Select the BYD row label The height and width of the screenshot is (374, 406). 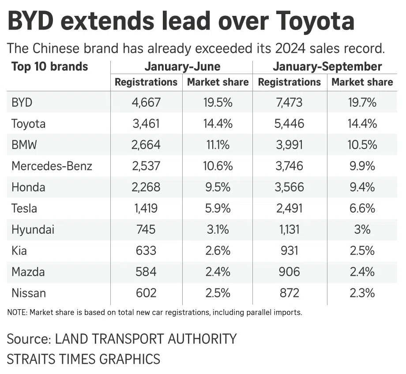[22, 103]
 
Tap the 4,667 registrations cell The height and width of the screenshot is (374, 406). [146, 103]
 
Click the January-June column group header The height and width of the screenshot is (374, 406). [182, 67]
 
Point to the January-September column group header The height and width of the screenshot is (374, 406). [327, 67]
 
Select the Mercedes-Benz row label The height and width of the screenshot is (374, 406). [52, 166]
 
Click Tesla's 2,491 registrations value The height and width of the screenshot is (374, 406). [289, 209]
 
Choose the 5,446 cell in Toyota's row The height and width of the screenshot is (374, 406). [289, 124]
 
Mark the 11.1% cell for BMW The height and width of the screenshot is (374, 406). [218, 145]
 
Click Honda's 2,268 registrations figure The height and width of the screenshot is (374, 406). [146, 187]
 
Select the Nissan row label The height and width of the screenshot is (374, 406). [29, 293]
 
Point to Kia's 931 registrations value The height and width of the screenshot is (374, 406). [289, 251]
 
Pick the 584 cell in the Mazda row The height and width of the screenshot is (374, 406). [146, 272]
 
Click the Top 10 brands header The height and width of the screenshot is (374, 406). [49, 67]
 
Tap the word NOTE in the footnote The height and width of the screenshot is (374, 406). [17, 313]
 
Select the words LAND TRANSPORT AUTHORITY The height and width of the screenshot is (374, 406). [146, 339]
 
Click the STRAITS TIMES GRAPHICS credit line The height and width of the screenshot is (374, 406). [83, 358]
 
